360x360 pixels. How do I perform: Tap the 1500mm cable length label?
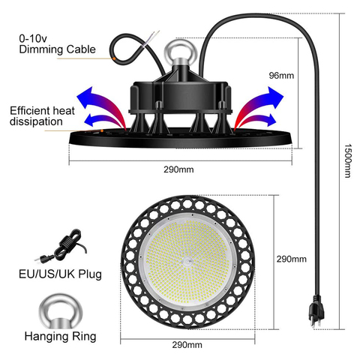pos(347,160)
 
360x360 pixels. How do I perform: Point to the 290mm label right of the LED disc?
pos(292,259)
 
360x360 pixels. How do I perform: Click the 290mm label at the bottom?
pos(187,346)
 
